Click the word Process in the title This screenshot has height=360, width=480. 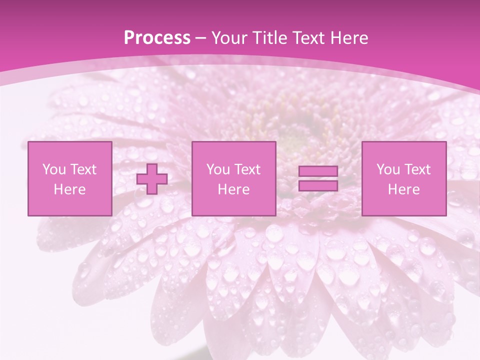pos(157,38)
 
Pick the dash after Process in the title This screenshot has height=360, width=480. pos(201,39)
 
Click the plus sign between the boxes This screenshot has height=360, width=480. pos(152,179)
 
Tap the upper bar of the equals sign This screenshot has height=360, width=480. pos(318,171)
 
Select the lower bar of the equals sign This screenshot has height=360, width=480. pos(318,186)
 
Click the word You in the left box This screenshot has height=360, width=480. pos(54,169)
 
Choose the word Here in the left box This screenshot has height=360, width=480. pos(69,189)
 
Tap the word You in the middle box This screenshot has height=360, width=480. pos(218,169)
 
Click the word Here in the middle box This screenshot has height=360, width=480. pos(233,189)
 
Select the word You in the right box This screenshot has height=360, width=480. pos(388,169)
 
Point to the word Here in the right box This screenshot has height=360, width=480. pos(403,189)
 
